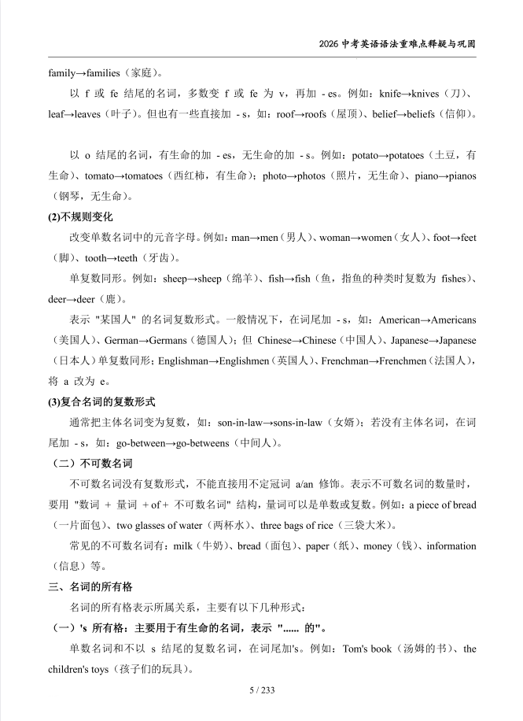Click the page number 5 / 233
[261, 690]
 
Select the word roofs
[310, 114]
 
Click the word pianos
[459, 176]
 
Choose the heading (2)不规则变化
[81, 216]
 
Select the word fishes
[454, 278]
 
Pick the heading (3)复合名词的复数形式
[102, 401]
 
